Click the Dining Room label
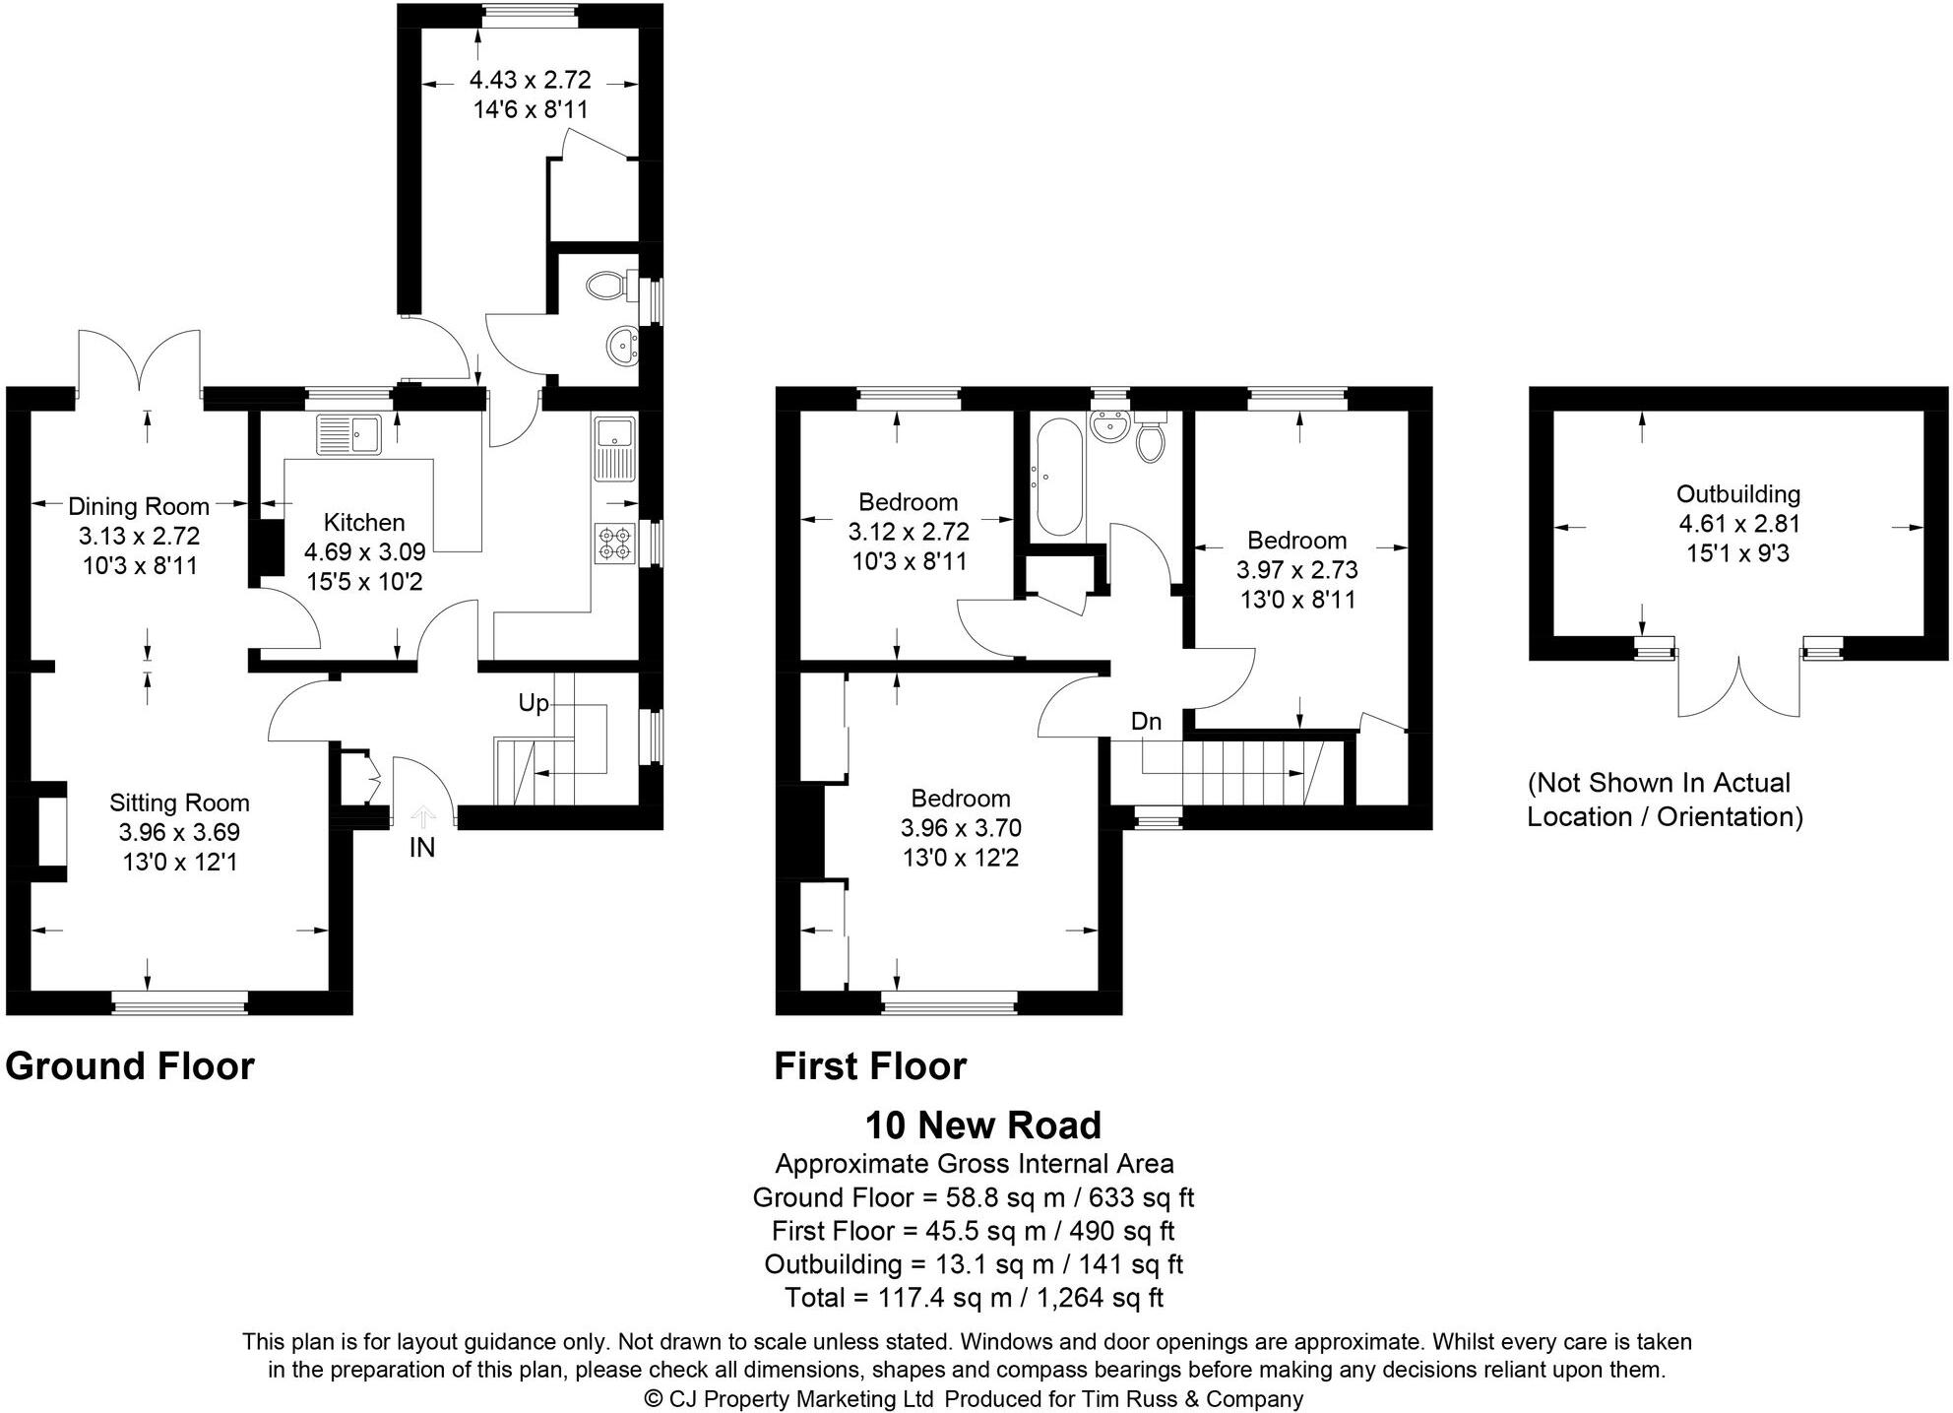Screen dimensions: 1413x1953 coord(139,506)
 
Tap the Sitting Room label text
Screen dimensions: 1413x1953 coord(179,803)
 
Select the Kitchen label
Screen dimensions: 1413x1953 coord(364,522)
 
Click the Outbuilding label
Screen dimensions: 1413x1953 coord(1738,494)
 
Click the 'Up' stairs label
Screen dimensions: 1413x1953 coord(533,703)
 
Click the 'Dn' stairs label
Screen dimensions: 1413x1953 coord(1146,722)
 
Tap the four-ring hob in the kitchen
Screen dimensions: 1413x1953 coord(614,545)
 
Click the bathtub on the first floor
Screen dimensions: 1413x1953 coord(1059,478)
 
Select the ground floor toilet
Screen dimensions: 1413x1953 coord(605,287)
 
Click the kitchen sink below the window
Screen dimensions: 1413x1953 coord(349,434)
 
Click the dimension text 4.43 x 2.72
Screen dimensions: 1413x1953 coord(530,80)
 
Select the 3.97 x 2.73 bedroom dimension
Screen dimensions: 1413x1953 coord(1297,569)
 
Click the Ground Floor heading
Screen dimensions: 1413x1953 coord(130,1066)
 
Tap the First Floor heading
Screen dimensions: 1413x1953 coord(870,1066)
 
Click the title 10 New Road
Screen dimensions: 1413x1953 coord(982,1124)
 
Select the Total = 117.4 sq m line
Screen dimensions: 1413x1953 coord(974,1297)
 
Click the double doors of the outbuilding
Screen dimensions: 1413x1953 coord(1739,686)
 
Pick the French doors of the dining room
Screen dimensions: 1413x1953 coord(141,360)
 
